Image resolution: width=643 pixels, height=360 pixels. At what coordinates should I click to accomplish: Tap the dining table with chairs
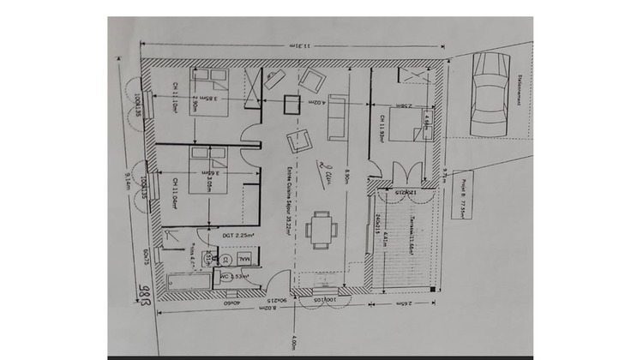pos(321,229)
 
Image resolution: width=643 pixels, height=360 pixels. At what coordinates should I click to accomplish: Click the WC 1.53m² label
pos(235,276)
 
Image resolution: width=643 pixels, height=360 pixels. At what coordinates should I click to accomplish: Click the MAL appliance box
pos(245,257)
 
